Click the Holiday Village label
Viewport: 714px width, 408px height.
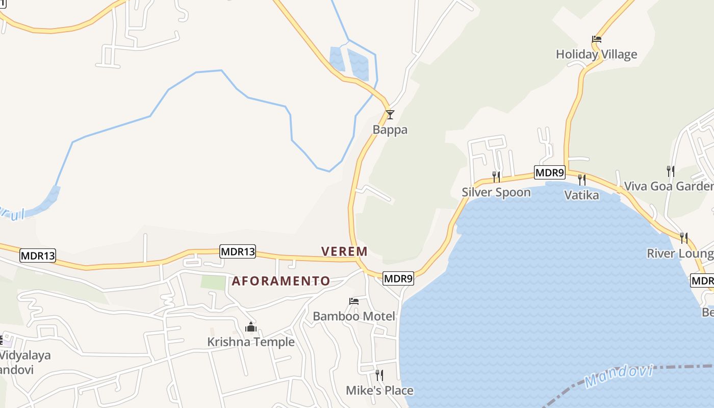pyautogui.click(x=596, y=54)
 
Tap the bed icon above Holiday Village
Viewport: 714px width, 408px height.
pyautogui.click(x=597, y=39)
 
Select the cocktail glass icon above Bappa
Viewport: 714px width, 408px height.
pyautogui.click(x=390, y=115)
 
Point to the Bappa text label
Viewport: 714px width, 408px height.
pyautogui.click(x=390, y=130)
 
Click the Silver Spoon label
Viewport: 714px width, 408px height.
pyautogui.click(x=496, y=192)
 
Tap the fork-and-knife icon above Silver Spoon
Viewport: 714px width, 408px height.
pyautogui.click(x=496, y=176)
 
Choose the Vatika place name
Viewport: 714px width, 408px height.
pyautogui.click(x=581, y=194)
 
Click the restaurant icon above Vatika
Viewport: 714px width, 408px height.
pyautogui.click(x=581, y=180)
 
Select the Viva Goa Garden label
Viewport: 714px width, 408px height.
pyautogui.click(x=669, y=186)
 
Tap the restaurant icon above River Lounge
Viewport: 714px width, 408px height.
pyautogui.click(x=684, y=238)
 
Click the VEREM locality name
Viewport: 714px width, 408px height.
pyautogui.click(x=344, y=251)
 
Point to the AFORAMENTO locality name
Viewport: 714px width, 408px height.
pyautogui.click(x=281, y=281)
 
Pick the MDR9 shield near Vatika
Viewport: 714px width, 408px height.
pyautogui.click(x=550, y=173)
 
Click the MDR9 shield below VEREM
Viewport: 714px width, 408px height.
pyautogui.click(x=398, y=278)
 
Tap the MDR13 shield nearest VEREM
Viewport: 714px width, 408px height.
pyautogui.click(x=238, y=251)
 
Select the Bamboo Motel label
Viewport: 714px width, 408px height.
pyautogui.click(x=354, y=316)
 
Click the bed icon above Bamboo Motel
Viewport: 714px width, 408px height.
pyautogui.click(x=354, y=301)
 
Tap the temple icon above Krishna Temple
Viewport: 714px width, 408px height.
pyautogui.click(x=251, y=327)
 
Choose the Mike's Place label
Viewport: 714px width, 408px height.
pyautogui.click(x=379, y=391)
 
